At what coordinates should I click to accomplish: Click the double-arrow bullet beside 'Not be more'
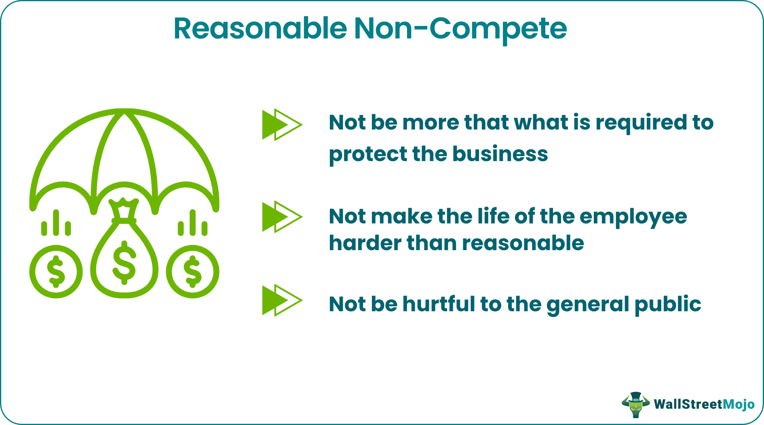[281, 125]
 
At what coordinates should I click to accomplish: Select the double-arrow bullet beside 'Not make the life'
[281, 217]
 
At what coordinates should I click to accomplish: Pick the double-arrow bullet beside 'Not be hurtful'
[281, 300]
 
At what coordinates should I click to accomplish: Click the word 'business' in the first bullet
[500, 154]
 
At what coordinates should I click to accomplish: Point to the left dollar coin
[56, 272]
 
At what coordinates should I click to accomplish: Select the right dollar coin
[192, 272]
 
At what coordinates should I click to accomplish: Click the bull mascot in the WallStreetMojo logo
[635, 404]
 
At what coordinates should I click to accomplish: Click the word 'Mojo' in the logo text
[738, 404]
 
